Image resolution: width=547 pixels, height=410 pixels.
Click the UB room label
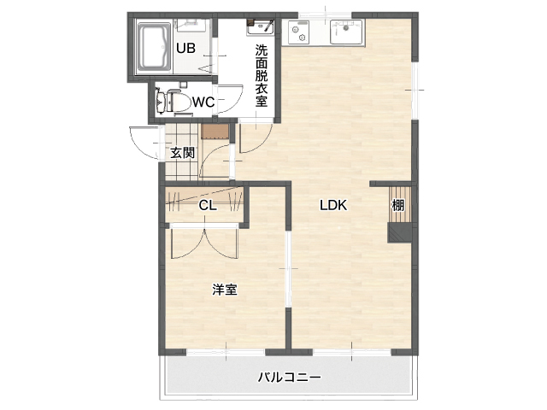coord(185,48)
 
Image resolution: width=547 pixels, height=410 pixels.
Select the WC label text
coord(203,102)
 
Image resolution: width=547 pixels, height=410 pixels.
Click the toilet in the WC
coord(174,102)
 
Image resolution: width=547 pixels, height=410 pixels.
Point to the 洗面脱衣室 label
coord(262,75)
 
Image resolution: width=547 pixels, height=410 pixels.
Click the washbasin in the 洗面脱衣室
coord(260,27)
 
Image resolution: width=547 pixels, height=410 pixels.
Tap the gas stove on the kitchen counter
coord(298,32)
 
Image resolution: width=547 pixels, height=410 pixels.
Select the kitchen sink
coord(346,32)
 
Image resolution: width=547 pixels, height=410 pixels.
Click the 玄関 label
coord(182,153)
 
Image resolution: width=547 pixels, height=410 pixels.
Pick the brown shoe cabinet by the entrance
coord(215,132)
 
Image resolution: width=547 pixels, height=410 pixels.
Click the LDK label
coord(333,205)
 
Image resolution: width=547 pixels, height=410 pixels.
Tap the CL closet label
coord(208,206)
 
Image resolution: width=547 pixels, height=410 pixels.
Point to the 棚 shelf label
coord(398,205)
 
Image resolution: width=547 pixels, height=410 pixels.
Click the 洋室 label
coord(225,290)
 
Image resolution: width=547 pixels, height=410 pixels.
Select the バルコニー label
coord(289,378)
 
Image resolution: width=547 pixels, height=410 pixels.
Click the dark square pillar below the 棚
coord(400,233)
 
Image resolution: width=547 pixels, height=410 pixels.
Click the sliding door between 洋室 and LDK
coord(288,269)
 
